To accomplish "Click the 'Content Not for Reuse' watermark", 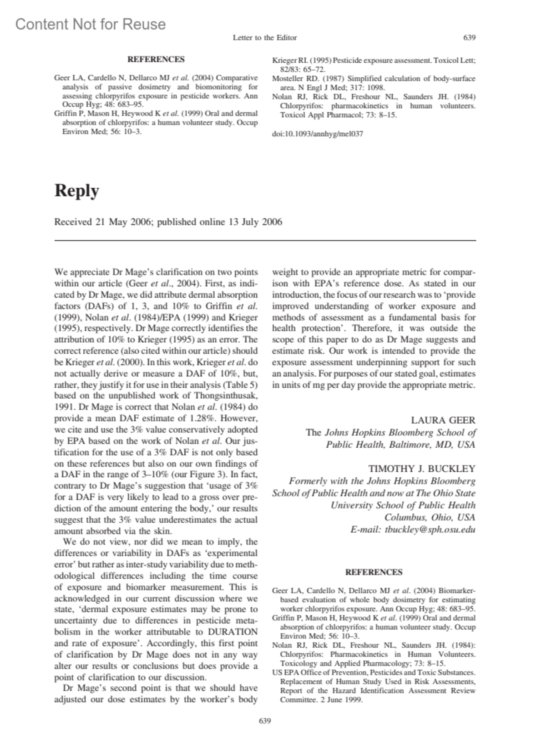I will point(91,24).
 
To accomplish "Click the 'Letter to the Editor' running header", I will point(265,38).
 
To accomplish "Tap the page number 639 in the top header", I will point(469,38).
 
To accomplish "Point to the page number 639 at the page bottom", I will point(265,721).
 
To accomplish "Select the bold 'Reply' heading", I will point(76,190).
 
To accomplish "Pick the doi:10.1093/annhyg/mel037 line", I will point(317,134).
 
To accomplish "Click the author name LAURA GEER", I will point(443,420).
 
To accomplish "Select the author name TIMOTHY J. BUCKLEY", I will point(422,469).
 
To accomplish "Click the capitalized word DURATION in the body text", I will point(233,632).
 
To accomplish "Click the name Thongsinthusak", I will point(222,395).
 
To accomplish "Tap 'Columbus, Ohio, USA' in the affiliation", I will point(430,517).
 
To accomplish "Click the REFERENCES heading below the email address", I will point(374,572).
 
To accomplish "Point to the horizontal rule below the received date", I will point(265,240).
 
